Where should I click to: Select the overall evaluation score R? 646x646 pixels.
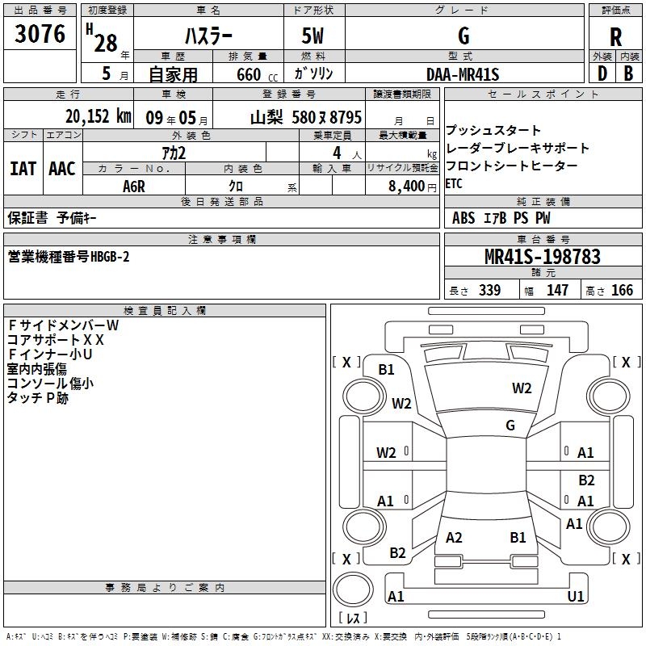[616, 37]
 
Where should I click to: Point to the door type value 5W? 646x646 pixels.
[314, 36]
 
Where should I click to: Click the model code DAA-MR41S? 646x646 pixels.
[463, 74]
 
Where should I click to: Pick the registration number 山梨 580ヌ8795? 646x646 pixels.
[305, 116]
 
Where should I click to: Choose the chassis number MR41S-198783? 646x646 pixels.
[543, 257]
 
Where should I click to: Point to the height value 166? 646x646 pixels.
[622, 291]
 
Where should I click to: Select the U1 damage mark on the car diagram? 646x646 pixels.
[576, 597]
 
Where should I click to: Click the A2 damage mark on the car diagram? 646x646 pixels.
[454, 538]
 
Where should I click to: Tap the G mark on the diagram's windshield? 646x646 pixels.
[510, 426]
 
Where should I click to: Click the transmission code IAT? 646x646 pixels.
[23, 169]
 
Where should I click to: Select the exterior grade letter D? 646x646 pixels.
[602, 73]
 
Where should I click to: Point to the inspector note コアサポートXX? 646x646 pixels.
[56, 340]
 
